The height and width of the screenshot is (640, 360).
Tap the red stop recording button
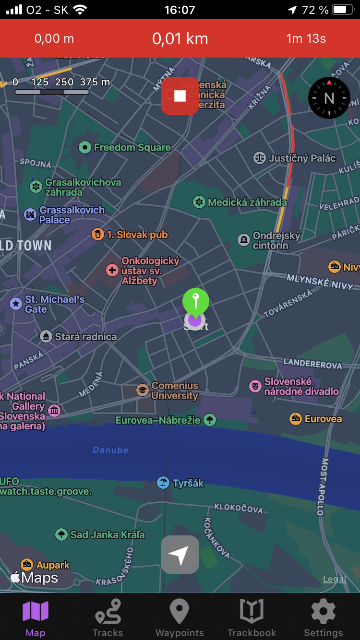coord(180,96)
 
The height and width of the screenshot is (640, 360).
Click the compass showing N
coord(329,98)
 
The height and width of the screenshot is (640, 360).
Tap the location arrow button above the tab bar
coord(180,555)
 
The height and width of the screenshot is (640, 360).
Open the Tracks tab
coord(108,618)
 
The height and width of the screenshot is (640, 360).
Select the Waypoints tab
coord(180,618)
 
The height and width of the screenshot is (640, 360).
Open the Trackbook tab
coord(252,618)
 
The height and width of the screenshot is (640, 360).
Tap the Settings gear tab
coord(324,618)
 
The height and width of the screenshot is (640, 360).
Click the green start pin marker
coord(195,301)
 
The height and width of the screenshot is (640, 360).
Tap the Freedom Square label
coord(132,147)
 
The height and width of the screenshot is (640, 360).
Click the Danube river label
coord(110,450)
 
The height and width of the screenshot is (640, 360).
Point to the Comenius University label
coord(175,391)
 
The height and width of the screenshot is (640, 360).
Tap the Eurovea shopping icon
coord(296,419)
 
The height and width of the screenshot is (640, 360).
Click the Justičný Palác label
coord(302,158)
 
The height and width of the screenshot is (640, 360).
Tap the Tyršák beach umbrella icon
coord(163,483)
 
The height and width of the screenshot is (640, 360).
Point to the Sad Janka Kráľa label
coord(107,534)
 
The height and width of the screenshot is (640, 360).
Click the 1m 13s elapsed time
coord(306,39)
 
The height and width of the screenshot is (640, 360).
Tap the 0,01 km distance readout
coord(180,39)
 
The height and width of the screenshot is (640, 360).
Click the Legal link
coord(335,579)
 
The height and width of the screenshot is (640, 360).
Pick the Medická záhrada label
coord(247,202)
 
